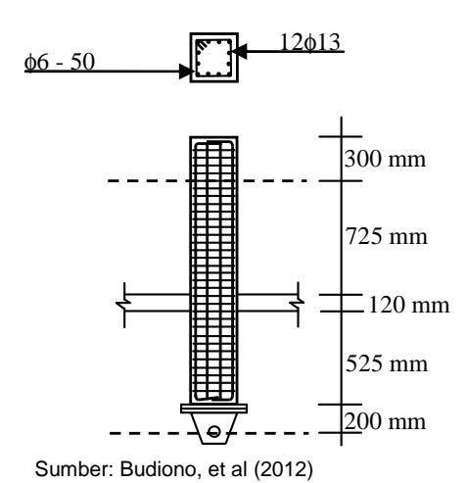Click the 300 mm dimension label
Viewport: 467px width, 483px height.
[385, 159]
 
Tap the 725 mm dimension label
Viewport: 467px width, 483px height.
[386, 236]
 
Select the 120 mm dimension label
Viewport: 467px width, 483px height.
[409, 305]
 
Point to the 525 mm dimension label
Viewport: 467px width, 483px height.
[387, 363]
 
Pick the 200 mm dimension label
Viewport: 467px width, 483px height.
[385, 421]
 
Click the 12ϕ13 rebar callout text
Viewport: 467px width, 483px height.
[310, 42]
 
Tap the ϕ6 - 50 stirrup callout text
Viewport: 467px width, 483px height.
[60, 62]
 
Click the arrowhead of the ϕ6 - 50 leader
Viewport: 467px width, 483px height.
[185, 72]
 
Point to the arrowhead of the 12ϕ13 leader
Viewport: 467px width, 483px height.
[239, 52]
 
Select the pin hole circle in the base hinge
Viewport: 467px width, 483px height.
[213, 432]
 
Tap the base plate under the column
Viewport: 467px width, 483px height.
[213, 409]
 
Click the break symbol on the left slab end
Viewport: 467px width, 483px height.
[123, 304]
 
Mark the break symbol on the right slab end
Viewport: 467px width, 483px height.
[298, 304]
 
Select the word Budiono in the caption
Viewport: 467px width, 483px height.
[159, 469]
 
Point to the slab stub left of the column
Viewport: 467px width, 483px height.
[157, 303]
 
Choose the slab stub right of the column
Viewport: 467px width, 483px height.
[268, 303]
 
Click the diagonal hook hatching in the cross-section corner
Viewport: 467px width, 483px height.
[202, 45]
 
